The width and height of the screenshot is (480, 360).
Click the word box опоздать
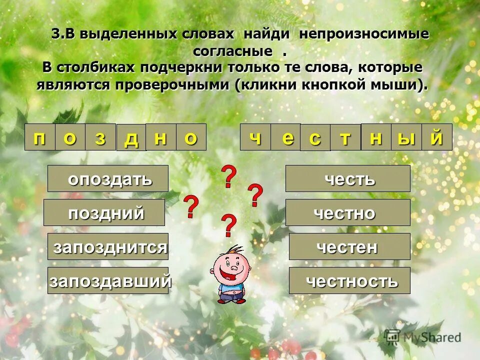108,178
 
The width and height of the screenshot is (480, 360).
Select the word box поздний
104,212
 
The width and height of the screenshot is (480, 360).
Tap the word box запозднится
108,246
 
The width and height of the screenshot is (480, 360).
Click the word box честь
348,178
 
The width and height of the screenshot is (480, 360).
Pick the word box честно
348,212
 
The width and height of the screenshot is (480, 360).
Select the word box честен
349,246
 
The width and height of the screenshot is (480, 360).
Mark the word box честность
349,280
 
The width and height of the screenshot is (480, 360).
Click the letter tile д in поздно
131,138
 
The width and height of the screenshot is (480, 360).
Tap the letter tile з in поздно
100,137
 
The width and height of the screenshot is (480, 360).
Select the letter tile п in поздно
39,137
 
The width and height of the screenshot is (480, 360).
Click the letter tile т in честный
345,137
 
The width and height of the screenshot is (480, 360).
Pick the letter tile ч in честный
255,137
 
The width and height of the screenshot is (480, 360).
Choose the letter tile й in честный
437,137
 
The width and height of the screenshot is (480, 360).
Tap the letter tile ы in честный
406,137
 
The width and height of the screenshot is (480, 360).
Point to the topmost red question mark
228,177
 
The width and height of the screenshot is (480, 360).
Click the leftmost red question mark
191,207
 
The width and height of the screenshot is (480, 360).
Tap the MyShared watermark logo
423,337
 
